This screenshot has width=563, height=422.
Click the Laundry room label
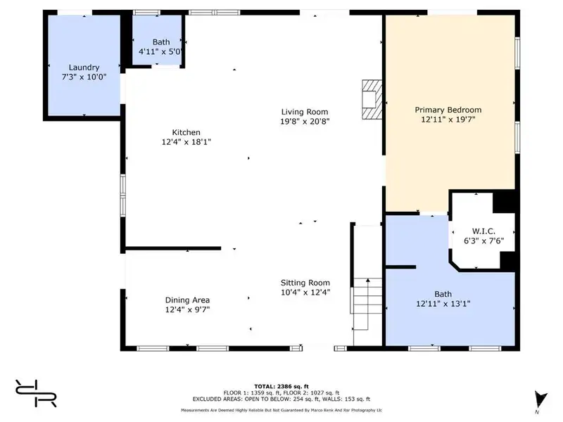pyautogui.click(x=84, y=68)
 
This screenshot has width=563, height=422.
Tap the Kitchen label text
pyautogui.click(x=186, y=132)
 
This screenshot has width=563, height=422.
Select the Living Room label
pyautogui.click(x=305, y=112)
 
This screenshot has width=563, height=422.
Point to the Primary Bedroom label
pyautogui.click(x=448, y=110)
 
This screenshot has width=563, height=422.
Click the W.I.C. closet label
pyautogui.click(x=483, y=231)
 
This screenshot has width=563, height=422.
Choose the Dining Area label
pyautogui.click(x=187, y=300)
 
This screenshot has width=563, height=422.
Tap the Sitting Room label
pyautogui.click(x=305, y=283)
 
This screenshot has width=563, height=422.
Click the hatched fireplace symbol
pyautogui.click(x=372, y=99)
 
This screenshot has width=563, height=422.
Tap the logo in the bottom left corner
pyautogui.click(x=36, y=393)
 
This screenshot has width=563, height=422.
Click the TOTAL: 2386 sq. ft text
pyautogui.click(x=281, y=386)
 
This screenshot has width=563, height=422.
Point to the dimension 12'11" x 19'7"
pyautogui.click(x=448, y=120)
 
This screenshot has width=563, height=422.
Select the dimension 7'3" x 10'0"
pyautogui.click(x=84, y=77)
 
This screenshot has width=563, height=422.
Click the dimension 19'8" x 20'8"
pyautogui.click(x=305, y=122)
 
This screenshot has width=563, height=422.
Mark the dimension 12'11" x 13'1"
pyautogui.click(x=443, y=304)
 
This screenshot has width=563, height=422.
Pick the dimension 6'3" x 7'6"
pyautogui.click(x=484, y=241)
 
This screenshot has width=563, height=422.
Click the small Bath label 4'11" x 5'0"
pyautogui.click(x=160, y=47)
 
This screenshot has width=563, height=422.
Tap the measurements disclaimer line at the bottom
pyautogui.click(x=281, y=410)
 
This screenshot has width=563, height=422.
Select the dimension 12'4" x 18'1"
pyautogui.click(x=186, y=142)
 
